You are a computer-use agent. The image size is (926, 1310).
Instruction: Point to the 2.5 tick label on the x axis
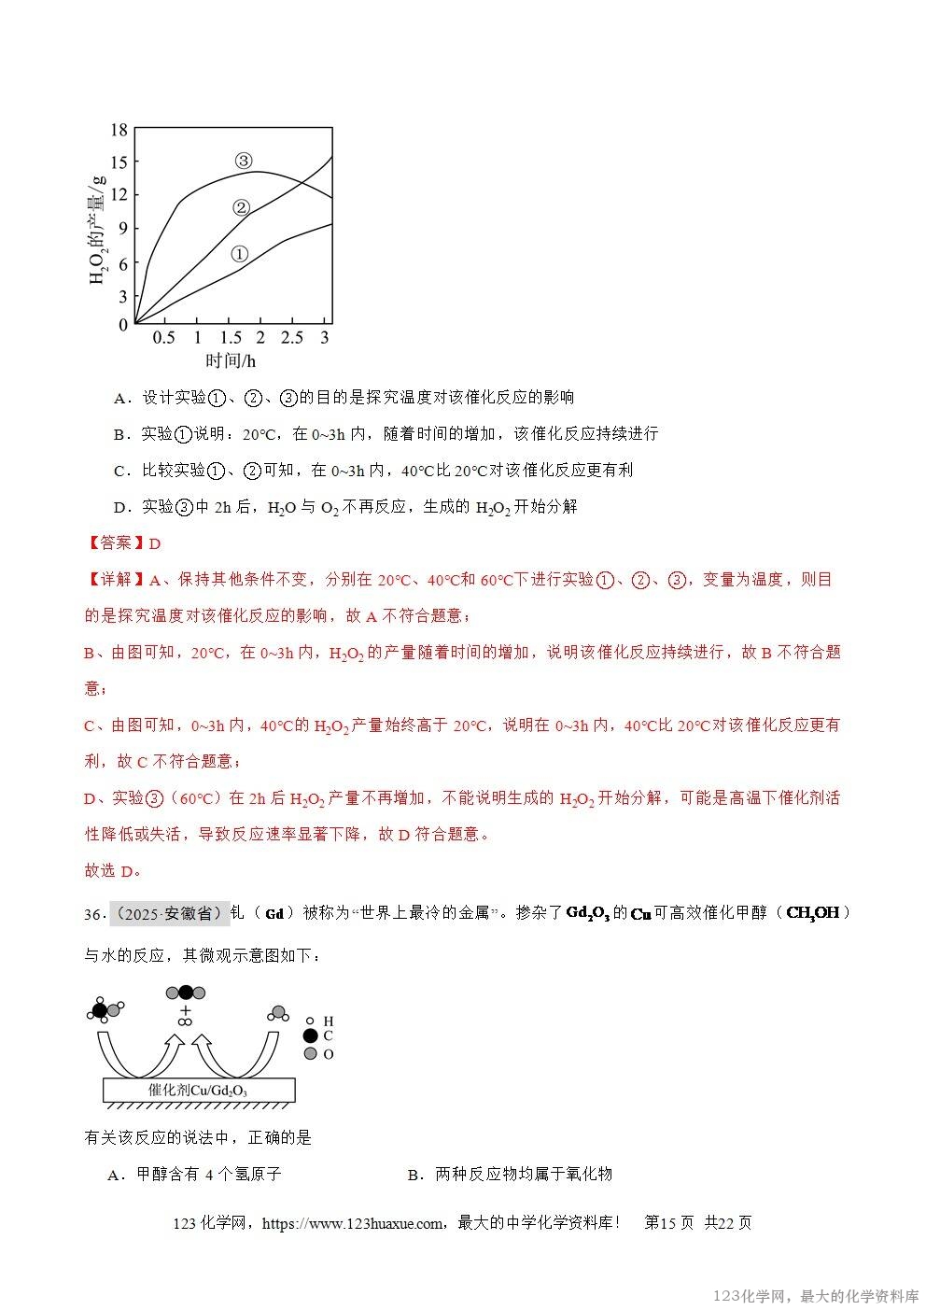(x=292, y=337)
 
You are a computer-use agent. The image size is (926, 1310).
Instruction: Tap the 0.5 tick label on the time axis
(x=164, y=337)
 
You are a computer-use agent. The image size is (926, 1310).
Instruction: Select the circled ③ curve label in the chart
(x=243, y=161)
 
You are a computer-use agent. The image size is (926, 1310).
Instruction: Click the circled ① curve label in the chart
(x=238, y=253)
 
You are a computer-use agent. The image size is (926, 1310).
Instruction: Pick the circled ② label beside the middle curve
(x=241, y=207)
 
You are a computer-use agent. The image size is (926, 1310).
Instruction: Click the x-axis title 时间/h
(x=231, y=360)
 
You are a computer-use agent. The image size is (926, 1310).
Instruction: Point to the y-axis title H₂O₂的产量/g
(x=97, y=229)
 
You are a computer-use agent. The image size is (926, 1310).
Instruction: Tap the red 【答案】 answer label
(x=109, y=543)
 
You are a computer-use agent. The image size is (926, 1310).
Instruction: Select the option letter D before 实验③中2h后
(x=119, y=507)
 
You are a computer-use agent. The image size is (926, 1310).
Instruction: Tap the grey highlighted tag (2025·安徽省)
(x=169, y=913)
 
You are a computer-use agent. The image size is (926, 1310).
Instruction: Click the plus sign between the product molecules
(x=185, y=1010)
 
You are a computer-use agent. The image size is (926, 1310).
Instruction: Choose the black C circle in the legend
(x=310, y=1035)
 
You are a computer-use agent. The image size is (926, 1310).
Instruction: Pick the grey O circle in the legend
(x=310, y=1053)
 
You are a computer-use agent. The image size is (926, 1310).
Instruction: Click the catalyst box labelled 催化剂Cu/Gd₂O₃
(x=199, y=1090)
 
